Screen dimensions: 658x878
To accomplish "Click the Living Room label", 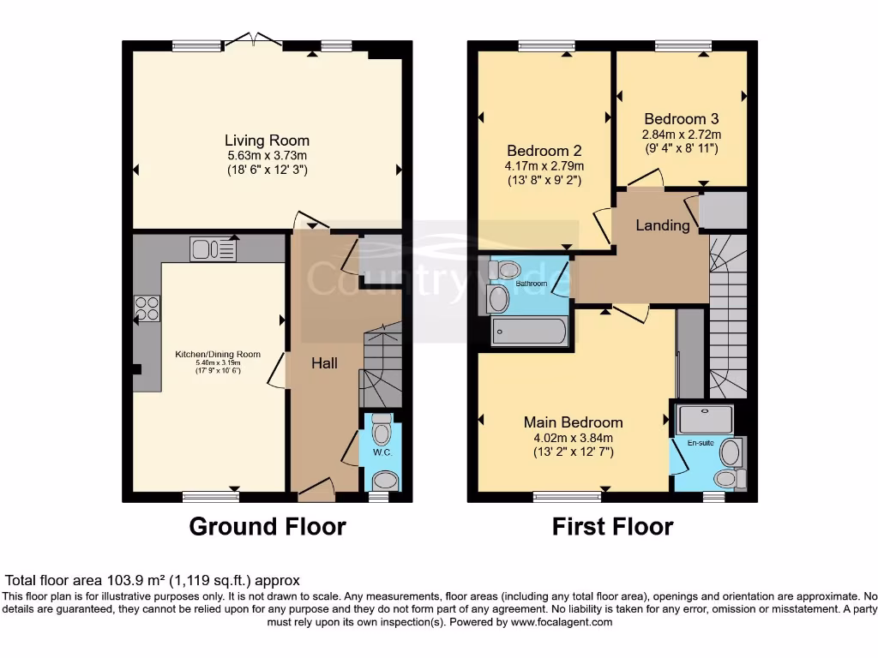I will [x=267, y=141].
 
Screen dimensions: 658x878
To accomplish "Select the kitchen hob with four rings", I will [x=147, y=308].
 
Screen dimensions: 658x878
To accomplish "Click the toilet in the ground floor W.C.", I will [x=382, y=430].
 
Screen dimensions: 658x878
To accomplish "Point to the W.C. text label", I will [x=382, y=452].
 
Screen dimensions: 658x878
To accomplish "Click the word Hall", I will [x=324, y=363].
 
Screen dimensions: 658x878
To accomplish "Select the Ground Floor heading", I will [x=267, y=526].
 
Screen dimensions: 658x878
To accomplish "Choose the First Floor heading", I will [x=612, y=526].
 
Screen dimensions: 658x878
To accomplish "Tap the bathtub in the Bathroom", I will [x=529, y=332].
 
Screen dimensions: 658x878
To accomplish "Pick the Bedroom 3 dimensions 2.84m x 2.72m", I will [x=682, y=135].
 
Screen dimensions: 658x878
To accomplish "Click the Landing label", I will [x=662, y=225].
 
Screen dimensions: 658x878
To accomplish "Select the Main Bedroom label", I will [x=573, y=422].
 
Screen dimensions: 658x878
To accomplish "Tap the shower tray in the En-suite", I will [x=705, y=419].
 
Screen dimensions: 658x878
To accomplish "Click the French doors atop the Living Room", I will [x=254, y=39].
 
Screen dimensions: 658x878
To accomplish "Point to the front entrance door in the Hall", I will [x=316, y=490].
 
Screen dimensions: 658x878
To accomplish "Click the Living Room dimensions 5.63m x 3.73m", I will [x=267, y=156].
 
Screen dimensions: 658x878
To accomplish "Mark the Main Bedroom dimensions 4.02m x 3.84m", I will [x=573, y=437].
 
